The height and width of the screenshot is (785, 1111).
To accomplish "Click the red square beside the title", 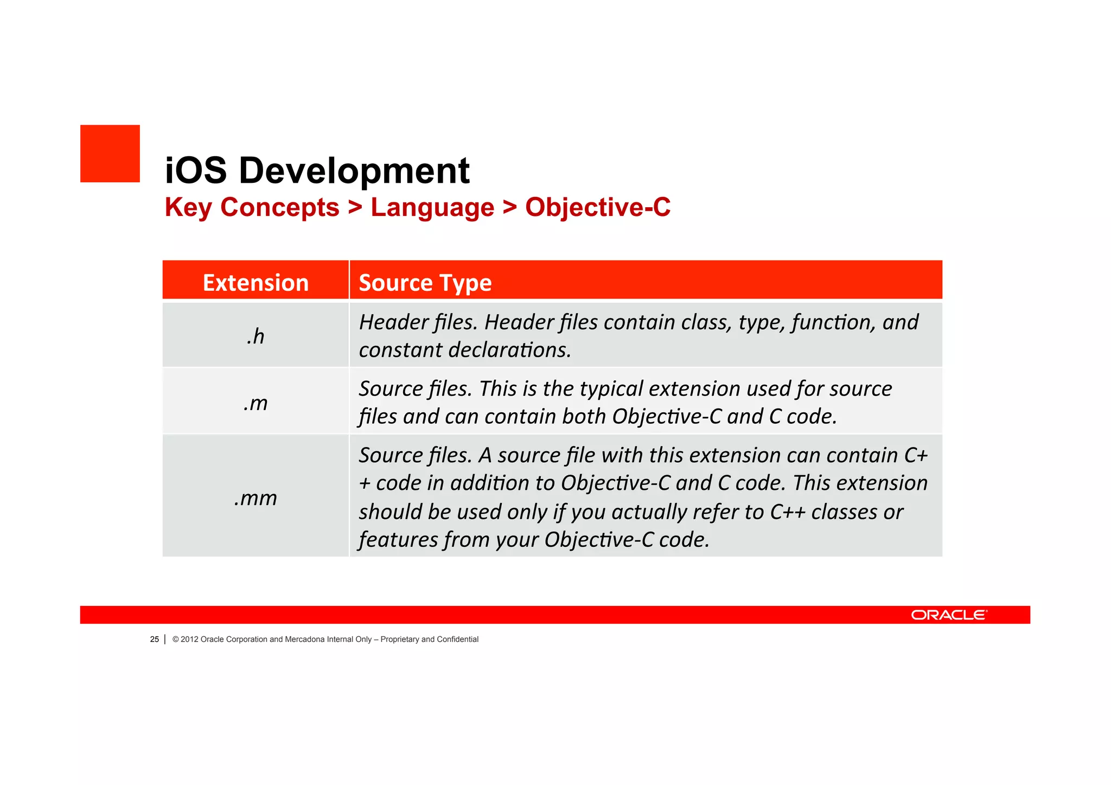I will tap(110, 154).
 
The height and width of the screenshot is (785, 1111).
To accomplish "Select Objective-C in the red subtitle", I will tap(597, 207).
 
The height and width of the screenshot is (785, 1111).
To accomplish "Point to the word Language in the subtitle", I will tap(432, 208).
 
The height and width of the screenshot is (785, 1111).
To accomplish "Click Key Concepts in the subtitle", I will tap(252, 208).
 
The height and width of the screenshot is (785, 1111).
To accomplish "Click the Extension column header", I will tap(256, 283).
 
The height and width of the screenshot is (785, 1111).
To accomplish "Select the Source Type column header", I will tap(425, 283).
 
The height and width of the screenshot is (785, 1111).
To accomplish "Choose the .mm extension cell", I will tap(256, 497).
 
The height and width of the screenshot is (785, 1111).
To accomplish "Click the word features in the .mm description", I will tap(398, 540).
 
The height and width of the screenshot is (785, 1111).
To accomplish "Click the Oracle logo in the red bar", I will tap(949, 615).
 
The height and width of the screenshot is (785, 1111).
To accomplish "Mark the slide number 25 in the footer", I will tap(154, 640).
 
